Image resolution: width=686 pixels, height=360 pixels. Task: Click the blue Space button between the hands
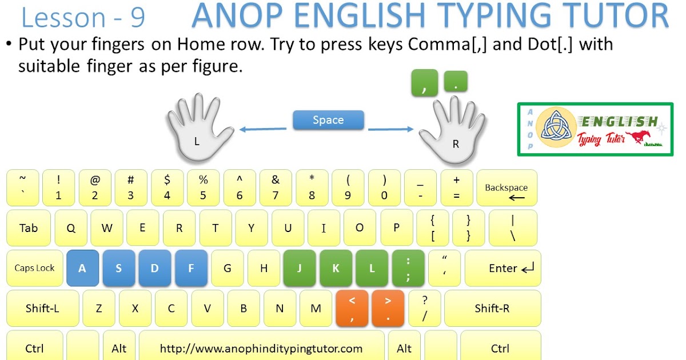(x=328, y=120)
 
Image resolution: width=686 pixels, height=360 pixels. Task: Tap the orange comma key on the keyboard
(x=352, y=308)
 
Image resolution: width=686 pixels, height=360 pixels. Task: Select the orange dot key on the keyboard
(x=388, y=308)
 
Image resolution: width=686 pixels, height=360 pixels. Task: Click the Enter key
(x=502, y=268)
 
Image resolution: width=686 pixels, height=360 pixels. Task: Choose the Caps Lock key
(x=34, y=268)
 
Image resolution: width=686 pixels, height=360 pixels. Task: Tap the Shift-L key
(x=42, y=309)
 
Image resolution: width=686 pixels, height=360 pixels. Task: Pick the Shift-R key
(x=492, y=309)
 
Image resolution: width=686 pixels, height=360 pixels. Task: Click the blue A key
(x=82, y=268)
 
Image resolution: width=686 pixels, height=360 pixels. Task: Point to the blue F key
(x=191, y=268)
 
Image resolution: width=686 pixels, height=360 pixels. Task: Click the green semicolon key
(x=408, y=268)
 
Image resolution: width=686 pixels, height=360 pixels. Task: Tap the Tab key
(x=29, y=228)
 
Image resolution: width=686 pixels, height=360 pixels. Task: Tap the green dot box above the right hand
(x=456, y=82)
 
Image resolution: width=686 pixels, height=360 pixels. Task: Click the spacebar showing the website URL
(x=261, y=348)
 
